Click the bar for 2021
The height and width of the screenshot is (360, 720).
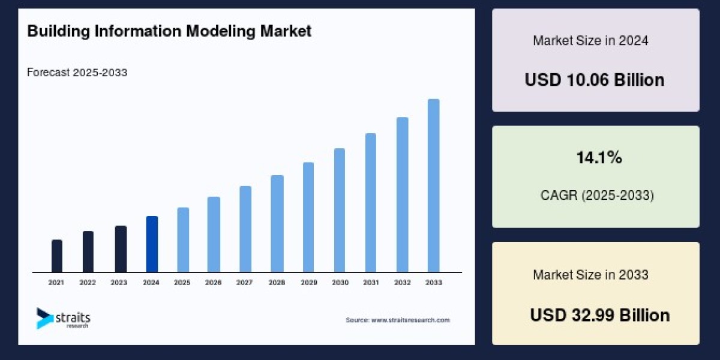[57, 256]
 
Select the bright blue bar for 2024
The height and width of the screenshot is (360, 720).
[152, 244]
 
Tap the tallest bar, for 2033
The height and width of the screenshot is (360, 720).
[433, 186]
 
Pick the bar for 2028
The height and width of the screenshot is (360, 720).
[277, 224]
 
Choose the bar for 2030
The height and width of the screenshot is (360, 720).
[340, 210]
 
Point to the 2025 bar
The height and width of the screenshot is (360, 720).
[183, 240]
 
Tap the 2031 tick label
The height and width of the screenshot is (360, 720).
[371, 282]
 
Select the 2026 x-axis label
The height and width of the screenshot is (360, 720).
[214, 282]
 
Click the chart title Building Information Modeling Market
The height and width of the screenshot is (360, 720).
[169, 31]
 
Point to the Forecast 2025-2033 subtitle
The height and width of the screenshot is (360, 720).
[77, 73]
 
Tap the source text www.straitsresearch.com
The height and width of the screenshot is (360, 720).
[397, 320]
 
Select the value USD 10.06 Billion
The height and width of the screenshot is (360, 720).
[595, 80]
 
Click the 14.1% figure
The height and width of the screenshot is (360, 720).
[599, 158]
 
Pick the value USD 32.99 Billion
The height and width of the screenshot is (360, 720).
[600, 315]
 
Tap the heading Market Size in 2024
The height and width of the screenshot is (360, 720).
[590, 41]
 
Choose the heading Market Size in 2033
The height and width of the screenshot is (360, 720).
[590, 275]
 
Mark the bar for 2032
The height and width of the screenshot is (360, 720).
[402, 195]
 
